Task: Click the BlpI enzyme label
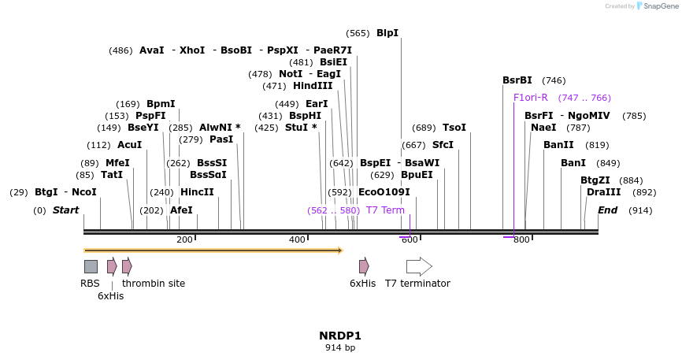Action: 387,33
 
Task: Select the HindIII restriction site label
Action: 313,86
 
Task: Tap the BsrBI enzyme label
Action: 517,80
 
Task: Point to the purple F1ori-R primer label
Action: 530,98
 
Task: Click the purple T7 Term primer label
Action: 385,210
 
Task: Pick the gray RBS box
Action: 91,266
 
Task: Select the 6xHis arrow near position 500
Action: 364,266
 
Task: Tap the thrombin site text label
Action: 154,284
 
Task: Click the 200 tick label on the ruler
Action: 184,239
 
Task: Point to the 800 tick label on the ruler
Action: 521,239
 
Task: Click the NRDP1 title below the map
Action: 340,336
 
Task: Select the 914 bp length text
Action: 340,347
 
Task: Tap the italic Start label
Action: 65,210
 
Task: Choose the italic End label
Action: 607,210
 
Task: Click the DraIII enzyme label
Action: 603,192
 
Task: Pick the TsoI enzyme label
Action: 454,128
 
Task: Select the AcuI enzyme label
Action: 129,145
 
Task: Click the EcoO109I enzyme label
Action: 384,192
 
